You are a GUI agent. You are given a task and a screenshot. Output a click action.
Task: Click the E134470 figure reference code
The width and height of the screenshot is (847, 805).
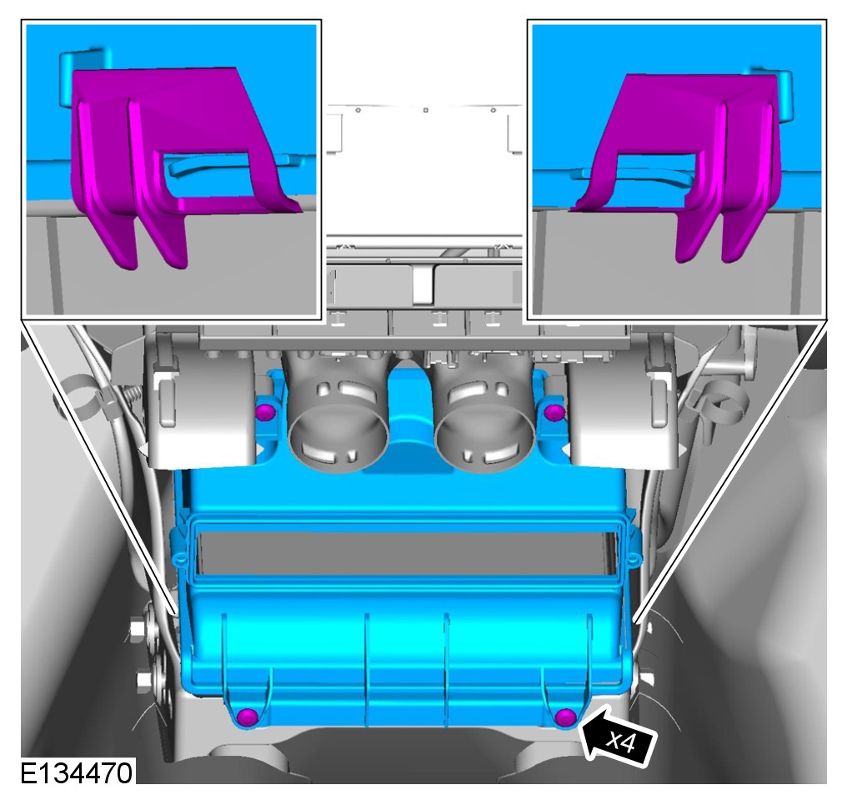(76, 773)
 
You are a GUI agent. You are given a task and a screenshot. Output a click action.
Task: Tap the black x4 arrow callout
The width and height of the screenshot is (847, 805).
(618, 737)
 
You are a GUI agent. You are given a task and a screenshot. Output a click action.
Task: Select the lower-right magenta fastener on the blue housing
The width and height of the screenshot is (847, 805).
(565, 717)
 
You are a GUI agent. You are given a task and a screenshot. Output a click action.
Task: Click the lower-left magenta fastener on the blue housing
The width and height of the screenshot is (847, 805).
(248, 717)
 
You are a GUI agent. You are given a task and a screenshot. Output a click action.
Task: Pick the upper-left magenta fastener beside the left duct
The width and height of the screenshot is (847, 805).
(266, 412)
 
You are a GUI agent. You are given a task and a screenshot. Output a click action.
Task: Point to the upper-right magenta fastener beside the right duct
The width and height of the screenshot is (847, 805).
(554, 412)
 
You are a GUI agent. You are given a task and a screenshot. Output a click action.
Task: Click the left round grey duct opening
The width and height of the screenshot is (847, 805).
(338, 439)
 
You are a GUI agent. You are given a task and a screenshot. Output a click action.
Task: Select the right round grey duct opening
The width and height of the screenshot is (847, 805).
(484, 439)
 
